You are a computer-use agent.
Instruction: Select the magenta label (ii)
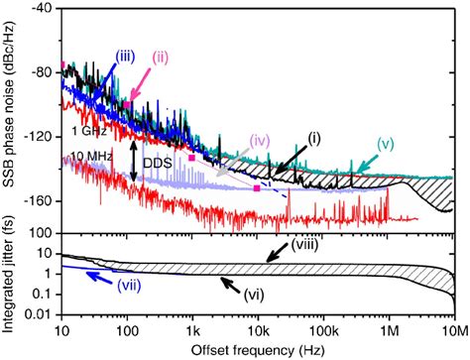[162, 57]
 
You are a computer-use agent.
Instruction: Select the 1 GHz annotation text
[86, 130]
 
